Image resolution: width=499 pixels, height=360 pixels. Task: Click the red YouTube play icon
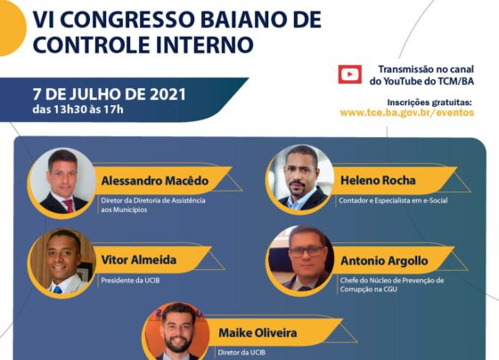(349, 74)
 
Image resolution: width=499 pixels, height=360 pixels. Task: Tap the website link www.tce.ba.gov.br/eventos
(407, 112)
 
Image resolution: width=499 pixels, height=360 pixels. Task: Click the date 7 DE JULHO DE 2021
(109, 94)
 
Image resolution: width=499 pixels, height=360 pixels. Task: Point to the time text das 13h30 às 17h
(78, 110)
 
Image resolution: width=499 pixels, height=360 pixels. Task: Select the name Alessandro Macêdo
(155, 181)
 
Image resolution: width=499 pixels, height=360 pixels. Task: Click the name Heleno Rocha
(378, 181)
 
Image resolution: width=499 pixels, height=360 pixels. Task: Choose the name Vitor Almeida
(139, 259)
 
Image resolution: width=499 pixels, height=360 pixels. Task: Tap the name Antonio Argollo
(384, 261)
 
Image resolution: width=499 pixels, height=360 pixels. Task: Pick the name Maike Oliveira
(258, 333)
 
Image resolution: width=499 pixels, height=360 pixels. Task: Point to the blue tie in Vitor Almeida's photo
(58, 290)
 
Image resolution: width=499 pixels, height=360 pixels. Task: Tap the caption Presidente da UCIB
(130, 281)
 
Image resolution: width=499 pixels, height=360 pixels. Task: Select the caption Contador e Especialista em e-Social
(393, 200)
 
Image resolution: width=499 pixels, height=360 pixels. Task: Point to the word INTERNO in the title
(205, 44)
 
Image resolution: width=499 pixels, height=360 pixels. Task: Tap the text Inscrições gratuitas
(429, 102)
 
